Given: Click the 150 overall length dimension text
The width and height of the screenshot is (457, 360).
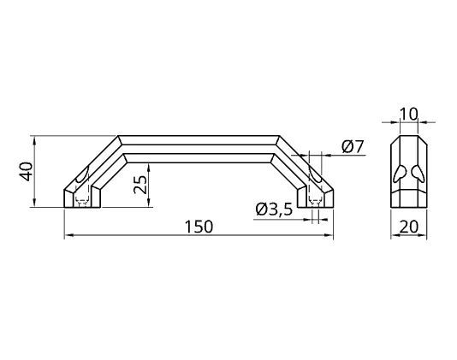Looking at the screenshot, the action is (x=199, y=227).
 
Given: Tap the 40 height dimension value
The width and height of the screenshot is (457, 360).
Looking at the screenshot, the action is (x=27, y=172).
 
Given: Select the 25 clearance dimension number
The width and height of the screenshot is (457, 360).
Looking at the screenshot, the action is (x=140, y=185).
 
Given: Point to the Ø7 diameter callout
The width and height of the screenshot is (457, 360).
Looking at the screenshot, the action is (x=353, y=146).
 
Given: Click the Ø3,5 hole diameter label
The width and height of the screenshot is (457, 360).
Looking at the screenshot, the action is (x=274, y=210).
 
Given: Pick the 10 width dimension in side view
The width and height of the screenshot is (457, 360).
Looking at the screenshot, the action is (x=408, y=115).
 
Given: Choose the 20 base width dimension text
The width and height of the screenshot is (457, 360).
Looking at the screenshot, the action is (x=408, y=227).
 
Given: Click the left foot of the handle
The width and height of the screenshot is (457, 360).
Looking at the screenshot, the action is (x=82, y=198).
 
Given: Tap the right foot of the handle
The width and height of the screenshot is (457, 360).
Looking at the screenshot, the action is (x=315, y=198).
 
